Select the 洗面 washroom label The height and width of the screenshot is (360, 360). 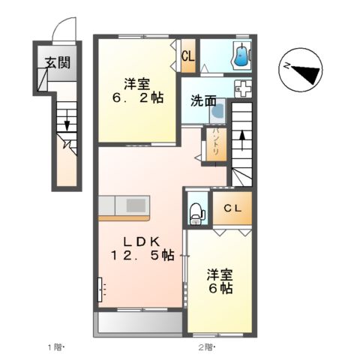pos(202,100)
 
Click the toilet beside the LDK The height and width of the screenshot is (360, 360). pos(197,211)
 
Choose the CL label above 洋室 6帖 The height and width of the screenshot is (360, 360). pos(231,211)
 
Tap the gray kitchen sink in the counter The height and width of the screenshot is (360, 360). pos(136,205)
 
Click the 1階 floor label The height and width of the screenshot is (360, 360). pos(55,347)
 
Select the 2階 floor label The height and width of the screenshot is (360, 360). pos(205,347)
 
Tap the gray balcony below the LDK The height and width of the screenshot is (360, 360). pos(139,323)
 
